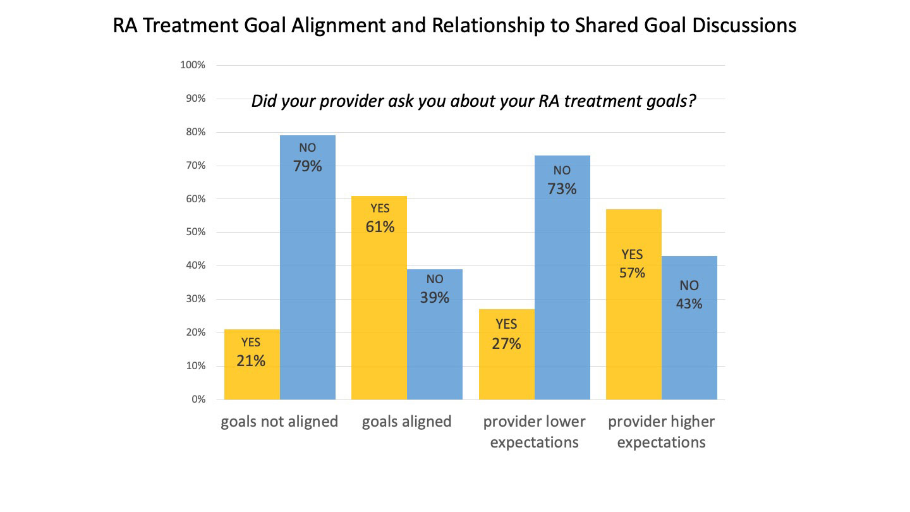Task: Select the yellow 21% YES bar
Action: [252, 379]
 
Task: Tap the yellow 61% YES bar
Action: [379, 303]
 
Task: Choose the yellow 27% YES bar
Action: [507, 373]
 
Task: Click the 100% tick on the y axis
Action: [193, 65]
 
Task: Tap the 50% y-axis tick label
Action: [195, 232]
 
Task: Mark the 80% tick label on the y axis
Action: [195, 132]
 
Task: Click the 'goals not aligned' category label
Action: [279, 422]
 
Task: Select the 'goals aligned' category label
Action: [407, 422]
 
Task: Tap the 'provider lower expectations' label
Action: [535, 432]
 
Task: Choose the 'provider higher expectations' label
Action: [662, 432]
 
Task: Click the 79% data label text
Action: [307, 166]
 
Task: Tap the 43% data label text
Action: [689, 303]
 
